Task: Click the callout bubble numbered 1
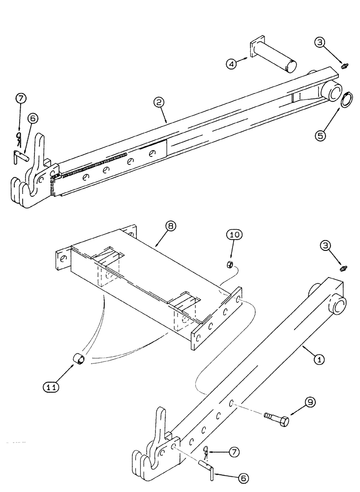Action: (x=318, y=360)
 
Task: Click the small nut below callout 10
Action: (x=229, y=266)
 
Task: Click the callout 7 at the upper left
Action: (x=20, y=98)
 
